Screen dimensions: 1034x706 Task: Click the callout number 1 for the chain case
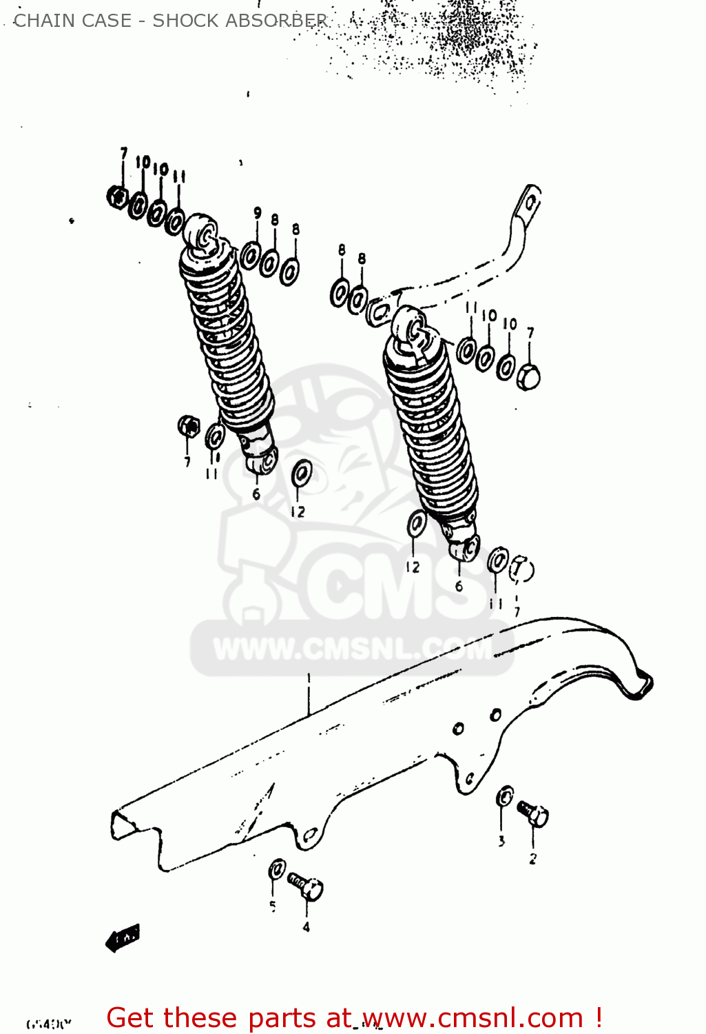309,678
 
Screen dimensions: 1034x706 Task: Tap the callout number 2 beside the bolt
532,859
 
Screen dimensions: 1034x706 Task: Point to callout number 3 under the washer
501,841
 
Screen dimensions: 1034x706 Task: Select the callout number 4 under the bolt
306,927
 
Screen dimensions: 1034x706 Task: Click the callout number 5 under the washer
273,906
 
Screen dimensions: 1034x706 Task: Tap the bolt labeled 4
306,885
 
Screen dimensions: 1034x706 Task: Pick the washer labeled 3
505,797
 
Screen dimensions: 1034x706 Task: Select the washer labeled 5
277,869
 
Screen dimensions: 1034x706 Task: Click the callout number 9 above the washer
258,213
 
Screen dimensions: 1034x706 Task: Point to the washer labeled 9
250,256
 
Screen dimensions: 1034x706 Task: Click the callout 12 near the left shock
298,512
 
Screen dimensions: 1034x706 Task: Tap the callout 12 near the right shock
413,567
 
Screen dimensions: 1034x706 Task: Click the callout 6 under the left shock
256,494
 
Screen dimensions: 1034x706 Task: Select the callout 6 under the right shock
459,587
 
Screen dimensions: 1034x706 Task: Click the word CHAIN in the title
43,21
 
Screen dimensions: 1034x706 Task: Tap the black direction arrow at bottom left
123,937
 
